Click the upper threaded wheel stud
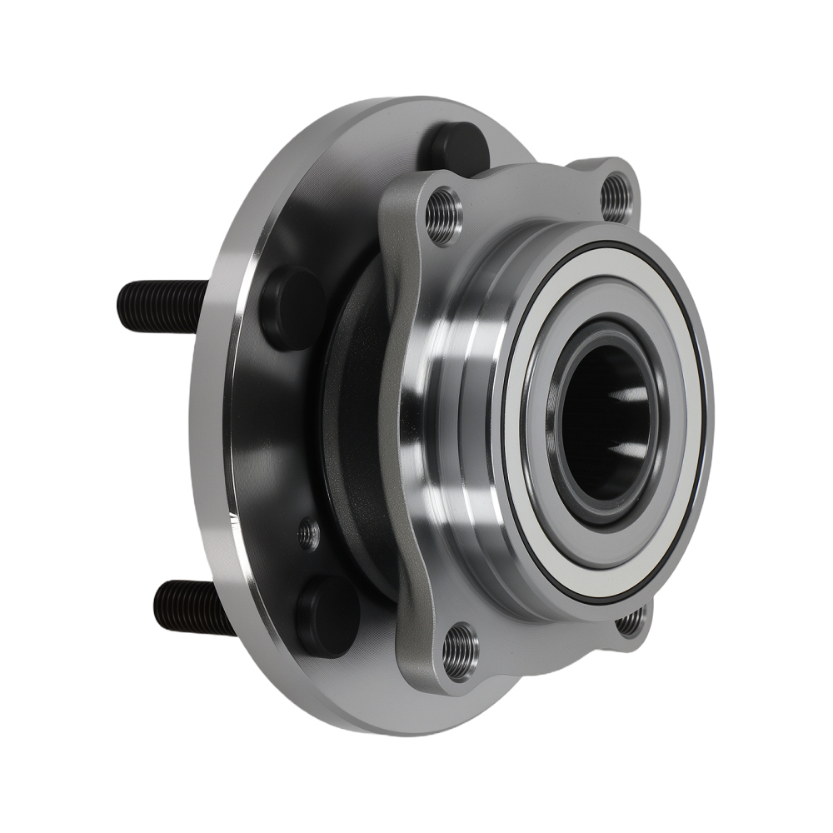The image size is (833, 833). [162, 295]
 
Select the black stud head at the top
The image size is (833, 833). [454, 146]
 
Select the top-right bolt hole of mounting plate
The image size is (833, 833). [616, 194]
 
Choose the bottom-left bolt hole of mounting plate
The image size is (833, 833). [461, 645]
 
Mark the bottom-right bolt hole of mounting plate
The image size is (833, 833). [632, 621]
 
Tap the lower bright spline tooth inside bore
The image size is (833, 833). [626, 454]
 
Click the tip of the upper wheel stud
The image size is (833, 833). [122, 295]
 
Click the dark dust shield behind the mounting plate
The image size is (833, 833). [350, 433]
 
